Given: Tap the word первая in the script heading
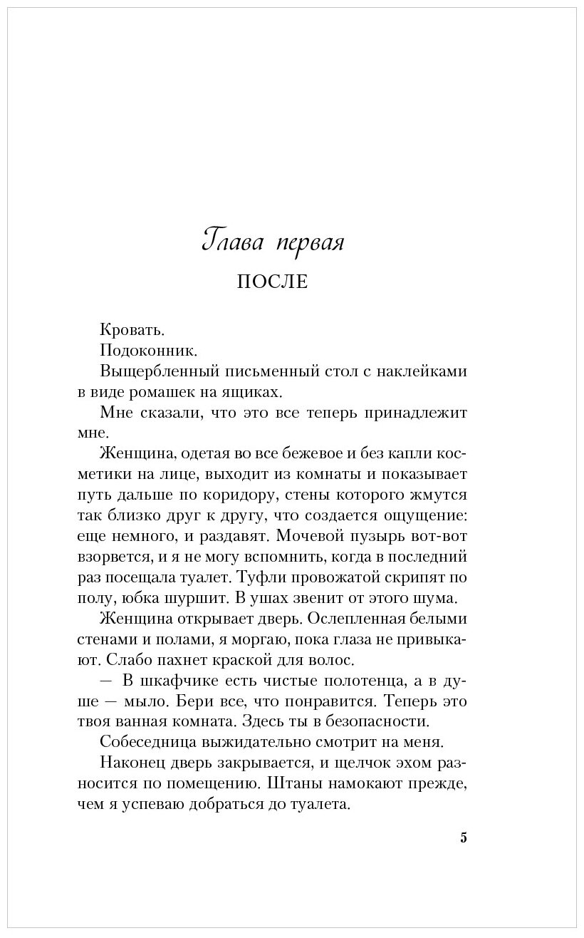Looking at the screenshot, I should click(308, 242).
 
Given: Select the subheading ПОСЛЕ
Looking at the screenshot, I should click(272, 282).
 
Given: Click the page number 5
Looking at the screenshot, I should click(464, 837).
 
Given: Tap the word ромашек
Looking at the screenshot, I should click(176, 392).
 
